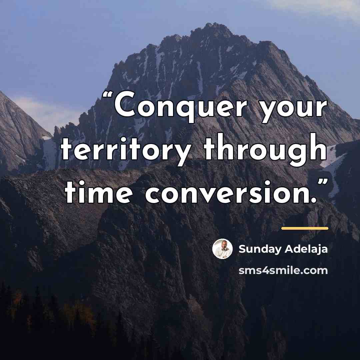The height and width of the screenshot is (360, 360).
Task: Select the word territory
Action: coord(126,150)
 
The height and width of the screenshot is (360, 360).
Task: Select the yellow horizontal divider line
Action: coord(305,228)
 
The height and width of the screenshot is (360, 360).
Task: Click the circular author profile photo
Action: coord(222,249)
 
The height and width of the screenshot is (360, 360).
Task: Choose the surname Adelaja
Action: coord(306,249)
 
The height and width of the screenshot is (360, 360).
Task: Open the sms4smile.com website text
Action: coord(283,270)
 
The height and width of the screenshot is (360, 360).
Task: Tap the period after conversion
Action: coord(314,200)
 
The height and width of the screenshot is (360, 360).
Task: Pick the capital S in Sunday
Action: coord(242,249)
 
